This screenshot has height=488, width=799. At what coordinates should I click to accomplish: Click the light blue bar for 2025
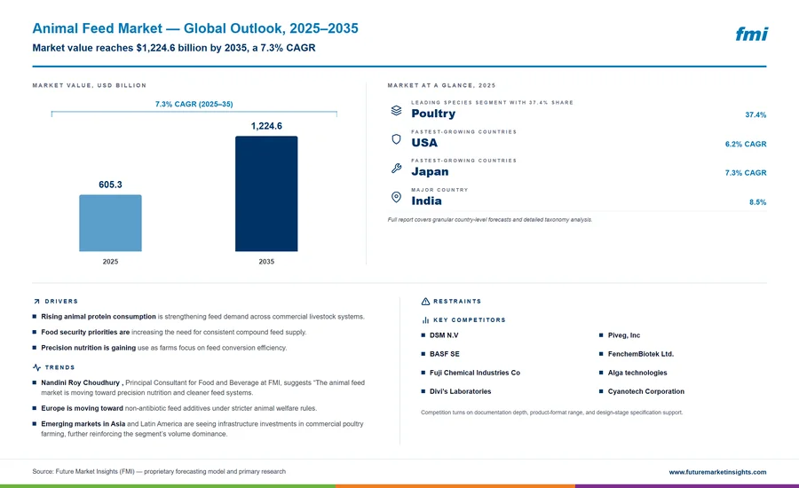[110, 223]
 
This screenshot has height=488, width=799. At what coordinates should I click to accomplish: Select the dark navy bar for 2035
[266, 193]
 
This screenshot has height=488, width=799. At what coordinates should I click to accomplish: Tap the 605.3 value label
[111, 185]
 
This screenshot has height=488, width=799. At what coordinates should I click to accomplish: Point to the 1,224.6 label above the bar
[266, 126]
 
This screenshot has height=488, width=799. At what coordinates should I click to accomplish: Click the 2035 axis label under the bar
[266, 262]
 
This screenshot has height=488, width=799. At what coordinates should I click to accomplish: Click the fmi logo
[752, 34]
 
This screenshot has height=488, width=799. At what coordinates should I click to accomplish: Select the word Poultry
[433, 114]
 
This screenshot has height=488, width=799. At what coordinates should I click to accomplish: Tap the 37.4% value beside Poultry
[755, 115]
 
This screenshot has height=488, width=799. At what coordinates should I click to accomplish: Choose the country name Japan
[430, 171]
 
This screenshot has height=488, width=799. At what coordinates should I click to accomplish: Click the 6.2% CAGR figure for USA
[746, 144]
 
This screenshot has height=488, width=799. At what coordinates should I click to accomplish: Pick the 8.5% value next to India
[758, 202]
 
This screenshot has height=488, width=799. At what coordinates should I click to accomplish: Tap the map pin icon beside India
[396, 197]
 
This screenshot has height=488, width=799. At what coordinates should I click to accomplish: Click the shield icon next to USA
[396, 139]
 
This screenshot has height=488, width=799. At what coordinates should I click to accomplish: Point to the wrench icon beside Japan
[396, 168]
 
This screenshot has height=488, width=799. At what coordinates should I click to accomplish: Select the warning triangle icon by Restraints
[425, 302]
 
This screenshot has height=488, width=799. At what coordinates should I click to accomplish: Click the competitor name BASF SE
[445, 354]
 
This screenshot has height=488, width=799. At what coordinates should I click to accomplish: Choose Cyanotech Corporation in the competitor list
[646, 391]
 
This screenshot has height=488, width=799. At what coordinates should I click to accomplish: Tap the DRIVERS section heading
[61, 302]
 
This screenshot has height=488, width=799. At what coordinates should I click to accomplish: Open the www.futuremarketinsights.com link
[717, 472]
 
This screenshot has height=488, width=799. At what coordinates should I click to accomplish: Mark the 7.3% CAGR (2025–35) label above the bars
[194, 104]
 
